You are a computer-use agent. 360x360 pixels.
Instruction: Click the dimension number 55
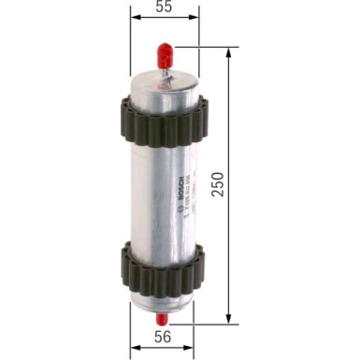(x=163, y=7)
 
